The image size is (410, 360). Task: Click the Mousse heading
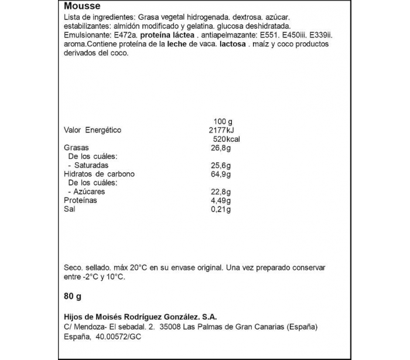80,6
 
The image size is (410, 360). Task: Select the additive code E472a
121,35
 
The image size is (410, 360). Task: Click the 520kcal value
226,139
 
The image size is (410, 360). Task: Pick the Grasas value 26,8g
220,148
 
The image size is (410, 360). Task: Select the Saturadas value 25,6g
220,166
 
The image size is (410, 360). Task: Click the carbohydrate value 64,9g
220,175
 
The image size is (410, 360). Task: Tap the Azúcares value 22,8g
220,192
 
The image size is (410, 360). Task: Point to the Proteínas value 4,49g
220,201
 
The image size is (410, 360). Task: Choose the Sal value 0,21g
220,210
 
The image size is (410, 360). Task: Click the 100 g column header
224,121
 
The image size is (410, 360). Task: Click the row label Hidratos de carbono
99,175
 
